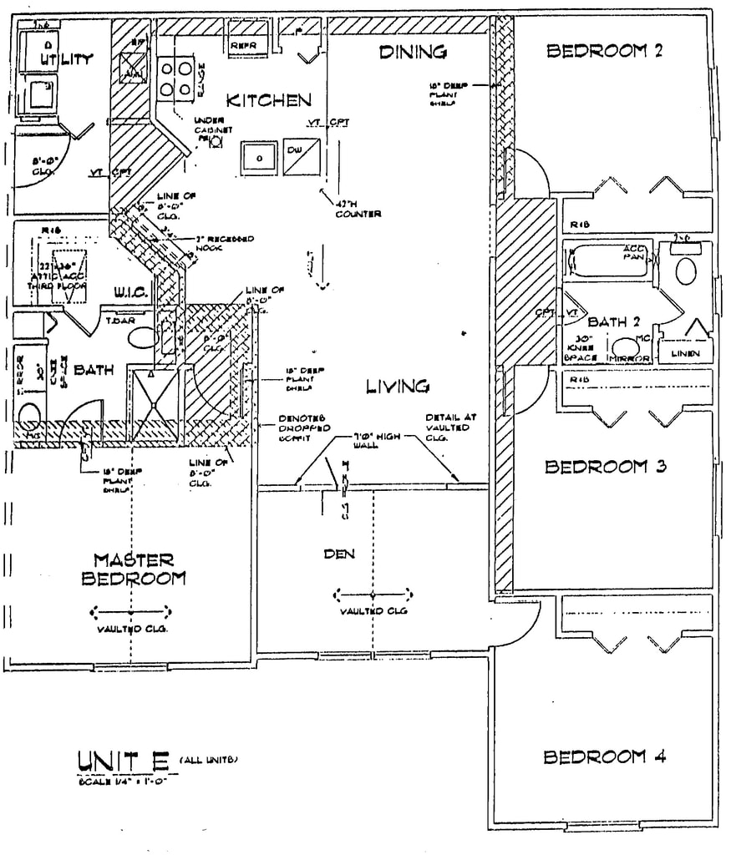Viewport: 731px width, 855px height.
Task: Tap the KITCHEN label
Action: tap(269, 101)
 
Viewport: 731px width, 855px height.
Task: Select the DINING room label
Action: tap(413, 53)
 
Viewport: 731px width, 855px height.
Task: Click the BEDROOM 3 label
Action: tap(604, 467)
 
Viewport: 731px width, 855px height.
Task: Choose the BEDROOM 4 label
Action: tap(604, 757)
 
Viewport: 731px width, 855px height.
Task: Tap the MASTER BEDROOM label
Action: tap(133, 569)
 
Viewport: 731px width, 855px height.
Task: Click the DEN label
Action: tap(340, 554)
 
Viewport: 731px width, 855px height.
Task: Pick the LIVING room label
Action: tap(398, 386)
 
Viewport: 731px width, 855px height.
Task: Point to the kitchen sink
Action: tap(260, 157)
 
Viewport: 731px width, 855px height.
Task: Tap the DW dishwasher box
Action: tap(300, 157)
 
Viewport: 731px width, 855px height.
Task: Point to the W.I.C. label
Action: tap(130, 293)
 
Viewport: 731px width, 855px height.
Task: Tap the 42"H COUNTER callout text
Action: tap(358, 210)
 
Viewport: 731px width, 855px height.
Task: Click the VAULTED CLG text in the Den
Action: tap(373, 611)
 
